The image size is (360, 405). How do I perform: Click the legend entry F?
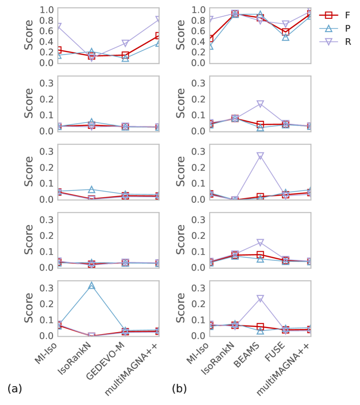[x=347, y=15]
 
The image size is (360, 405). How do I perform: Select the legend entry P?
[x=347, y=29]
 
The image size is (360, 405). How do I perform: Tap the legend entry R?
[x=347, y=42]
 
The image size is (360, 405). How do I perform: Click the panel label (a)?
[x=15, y=389]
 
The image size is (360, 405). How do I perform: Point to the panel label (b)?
[x=179, y=389]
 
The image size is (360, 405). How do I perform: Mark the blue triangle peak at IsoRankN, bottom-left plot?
[x=91, y=286]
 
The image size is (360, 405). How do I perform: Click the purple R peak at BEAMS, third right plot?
[x=260, y=156]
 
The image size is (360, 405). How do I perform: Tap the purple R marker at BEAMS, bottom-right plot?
[x=260, y=299]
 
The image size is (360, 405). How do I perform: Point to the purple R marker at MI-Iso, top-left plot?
[x=58, y=26]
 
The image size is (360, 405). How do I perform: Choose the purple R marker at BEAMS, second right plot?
[x=260, y=104]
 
